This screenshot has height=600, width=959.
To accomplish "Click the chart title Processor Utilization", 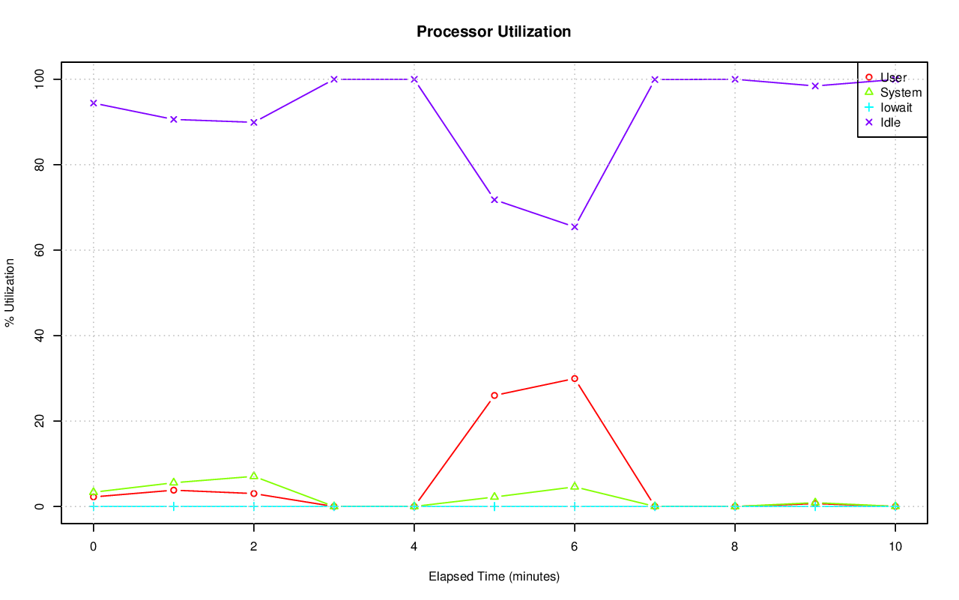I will (x=494, y=31).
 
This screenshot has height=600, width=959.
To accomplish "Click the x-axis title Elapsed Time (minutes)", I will (x=494, y=577).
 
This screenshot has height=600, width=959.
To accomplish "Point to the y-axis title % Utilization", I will (x=10, y=293).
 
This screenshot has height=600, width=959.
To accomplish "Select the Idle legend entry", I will (x=890, y=122).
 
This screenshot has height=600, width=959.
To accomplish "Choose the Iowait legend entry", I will (x=895, y=107).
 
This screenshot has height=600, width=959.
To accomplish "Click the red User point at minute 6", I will (x=575, y=379).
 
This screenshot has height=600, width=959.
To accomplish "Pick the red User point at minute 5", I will (x=494, y=396).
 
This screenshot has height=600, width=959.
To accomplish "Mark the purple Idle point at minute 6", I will (x=575, y=227).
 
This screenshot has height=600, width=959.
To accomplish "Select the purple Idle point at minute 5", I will (x=494, y=200).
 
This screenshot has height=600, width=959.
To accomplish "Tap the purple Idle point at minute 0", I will (x=93, y=103).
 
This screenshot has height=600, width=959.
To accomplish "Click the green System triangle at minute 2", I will (x=254, y=476).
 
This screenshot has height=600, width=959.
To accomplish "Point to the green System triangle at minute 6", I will (x=575, y=487).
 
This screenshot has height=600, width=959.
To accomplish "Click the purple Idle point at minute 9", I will (x=815, y=86).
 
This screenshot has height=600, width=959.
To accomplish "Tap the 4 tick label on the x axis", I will (x=414, y=546).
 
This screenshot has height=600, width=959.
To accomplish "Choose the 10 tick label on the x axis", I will (x=895, y=546).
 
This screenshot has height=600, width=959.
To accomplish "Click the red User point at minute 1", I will (x=174, y=490).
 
